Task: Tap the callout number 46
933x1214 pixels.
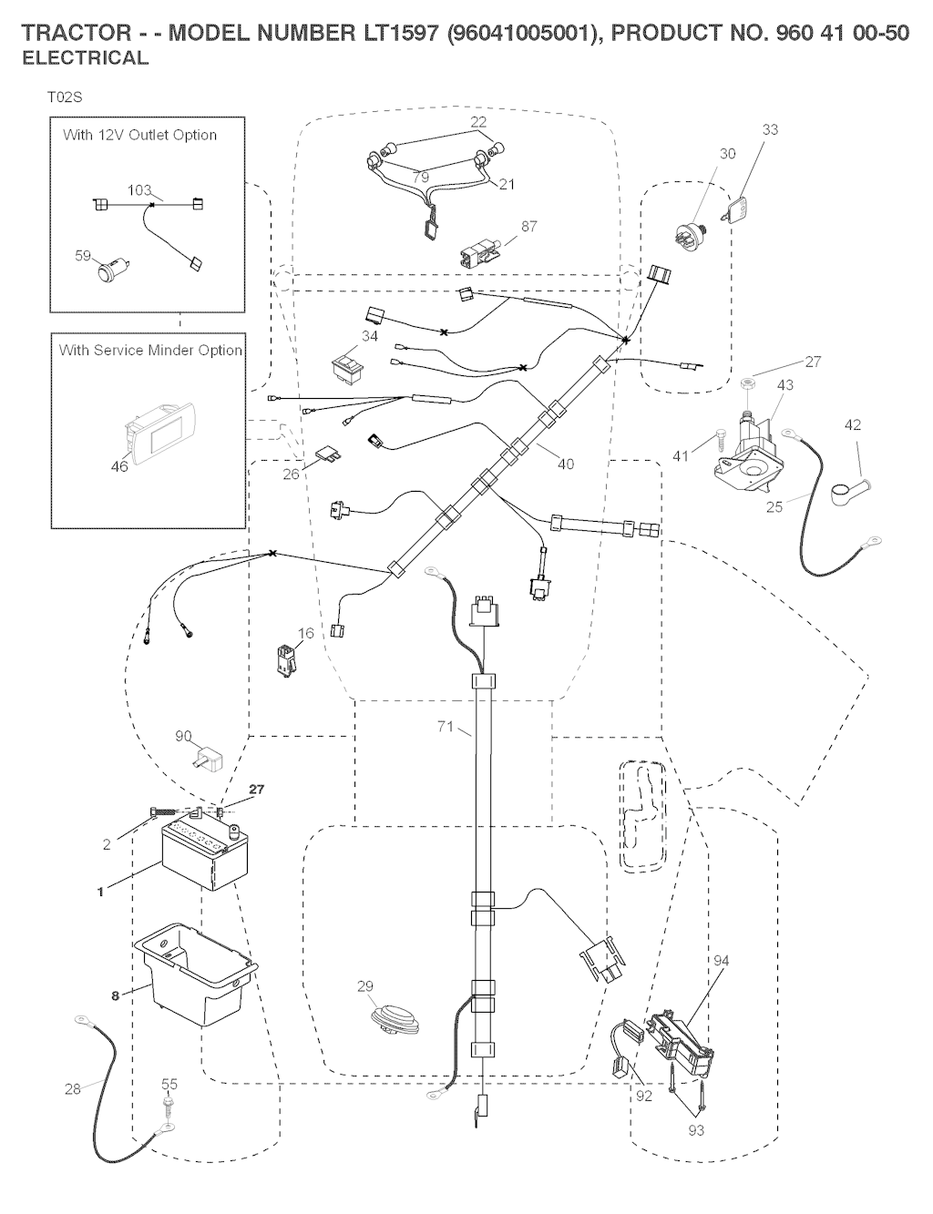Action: (x=119, y=466)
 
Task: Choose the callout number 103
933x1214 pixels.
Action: (x=138, y=190)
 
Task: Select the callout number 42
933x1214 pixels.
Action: (x=852, y=425)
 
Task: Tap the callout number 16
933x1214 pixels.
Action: (x=305, y=634)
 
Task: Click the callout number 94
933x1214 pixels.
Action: (x=721, y=961)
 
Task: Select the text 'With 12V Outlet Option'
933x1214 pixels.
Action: (x=139, y=135)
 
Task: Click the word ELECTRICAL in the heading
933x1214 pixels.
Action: (x=85, y=58)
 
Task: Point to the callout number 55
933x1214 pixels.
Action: (x=169, y=1084)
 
